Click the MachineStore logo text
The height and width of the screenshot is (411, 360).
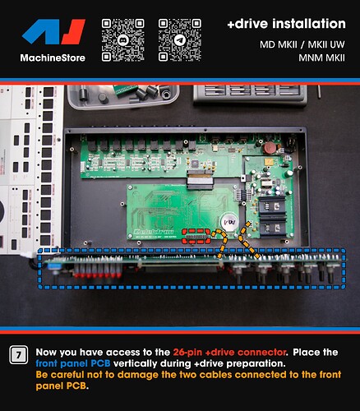point(53,58)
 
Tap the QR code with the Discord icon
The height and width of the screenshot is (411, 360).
point(123,39)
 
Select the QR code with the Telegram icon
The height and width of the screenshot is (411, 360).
point(180,39)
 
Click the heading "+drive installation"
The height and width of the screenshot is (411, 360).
point(287,24)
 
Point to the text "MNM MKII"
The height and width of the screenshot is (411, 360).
point(321,58)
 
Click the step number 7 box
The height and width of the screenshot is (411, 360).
point(19,355)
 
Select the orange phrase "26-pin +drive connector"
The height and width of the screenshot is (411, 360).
point(230,352)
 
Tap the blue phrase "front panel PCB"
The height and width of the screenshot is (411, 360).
point(73,363)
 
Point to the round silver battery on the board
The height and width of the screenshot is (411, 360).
point(230,222)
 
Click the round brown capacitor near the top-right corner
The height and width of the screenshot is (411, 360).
point(268,148)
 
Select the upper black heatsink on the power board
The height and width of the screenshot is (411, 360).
point(272,205)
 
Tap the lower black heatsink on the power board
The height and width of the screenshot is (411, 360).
point(273,227)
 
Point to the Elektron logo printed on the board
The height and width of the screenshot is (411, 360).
point(155,232)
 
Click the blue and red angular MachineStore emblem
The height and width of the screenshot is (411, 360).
point(53,32)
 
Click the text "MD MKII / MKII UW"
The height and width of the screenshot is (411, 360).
point(302,44)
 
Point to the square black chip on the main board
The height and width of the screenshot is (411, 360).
point(195,164)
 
